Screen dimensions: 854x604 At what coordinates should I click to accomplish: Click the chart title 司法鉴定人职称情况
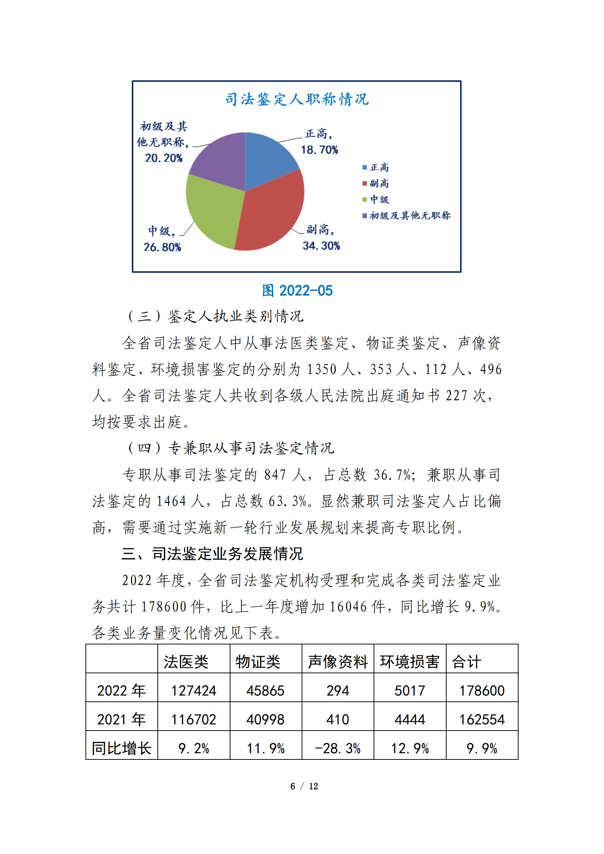(297, 99)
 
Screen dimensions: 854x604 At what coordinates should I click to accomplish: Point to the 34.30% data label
(321, 246)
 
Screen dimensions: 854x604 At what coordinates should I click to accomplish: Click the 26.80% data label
(162, 247)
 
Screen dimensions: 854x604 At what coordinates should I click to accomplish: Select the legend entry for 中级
(376, 199)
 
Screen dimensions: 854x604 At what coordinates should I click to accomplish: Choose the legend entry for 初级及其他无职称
(406, 215)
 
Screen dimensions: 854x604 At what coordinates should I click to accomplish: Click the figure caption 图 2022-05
(297, 291)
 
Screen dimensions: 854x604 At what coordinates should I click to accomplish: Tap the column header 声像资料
(337, 662)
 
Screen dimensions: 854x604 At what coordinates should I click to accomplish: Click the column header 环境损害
(409, 662)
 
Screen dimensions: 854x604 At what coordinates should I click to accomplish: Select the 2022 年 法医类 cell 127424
(194, 691)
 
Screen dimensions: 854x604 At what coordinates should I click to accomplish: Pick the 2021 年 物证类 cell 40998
(265, 719)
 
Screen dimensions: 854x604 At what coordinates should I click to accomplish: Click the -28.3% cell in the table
(337, 748)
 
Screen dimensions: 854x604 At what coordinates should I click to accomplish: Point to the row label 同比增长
(121, 748)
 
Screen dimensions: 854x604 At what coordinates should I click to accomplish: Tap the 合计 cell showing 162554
(482, 719)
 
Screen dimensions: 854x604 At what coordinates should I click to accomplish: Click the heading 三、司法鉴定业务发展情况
(213, 554)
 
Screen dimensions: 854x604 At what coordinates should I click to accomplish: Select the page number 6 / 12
(304, 786)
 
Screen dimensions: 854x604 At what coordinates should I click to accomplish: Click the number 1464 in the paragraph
(171, 501)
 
